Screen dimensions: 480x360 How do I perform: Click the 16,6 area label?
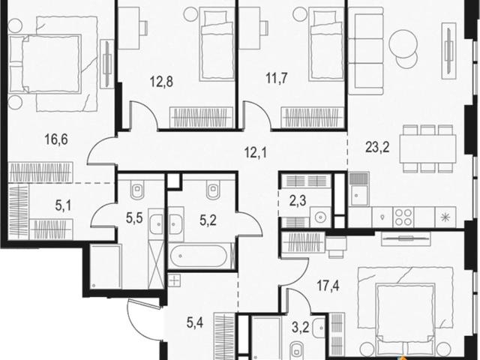pos(56,139)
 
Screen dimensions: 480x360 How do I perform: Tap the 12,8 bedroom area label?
pos(161,82)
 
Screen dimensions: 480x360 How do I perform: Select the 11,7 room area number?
pos(277,78)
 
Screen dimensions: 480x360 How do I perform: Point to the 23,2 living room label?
pos(377,147)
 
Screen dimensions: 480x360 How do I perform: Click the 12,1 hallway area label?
pos(256,152)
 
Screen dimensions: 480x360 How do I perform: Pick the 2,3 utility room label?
pos(298,201)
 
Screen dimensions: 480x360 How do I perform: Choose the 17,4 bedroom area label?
pos(328,286)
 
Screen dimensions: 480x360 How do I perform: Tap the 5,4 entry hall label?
pos(195,322)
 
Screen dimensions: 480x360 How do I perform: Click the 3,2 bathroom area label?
pos(300,327)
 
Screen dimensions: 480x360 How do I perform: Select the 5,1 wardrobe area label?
pos(63,205)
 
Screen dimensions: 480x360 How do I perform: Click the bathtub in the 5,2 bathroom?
pos(199,256)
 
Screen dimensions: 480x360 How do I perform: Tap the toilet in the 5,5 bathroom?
pos(137,190)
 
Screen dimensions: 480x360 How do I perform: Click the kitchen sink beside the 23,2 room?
pos(358,190)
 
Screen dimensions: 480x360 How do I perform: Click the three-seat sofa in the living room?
pos(366,51)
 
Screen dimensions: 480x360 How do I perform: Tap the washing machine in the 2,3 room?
pos(320,217)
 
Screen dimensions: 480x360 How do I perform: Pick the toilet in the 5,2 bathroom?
pos(213,190)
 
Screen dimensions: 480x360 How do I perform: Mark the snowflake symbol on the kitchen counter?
pos(445,217)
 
